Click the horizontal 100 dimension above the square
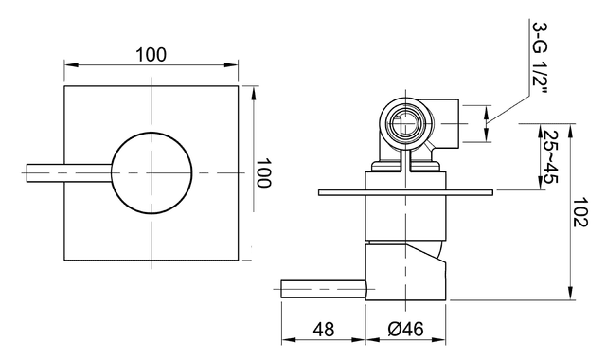151,54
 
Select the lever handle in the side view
322,287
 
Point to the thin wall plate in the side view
406,192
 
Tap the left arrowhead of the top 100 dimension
67,65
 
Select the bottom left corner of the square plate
64,260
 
